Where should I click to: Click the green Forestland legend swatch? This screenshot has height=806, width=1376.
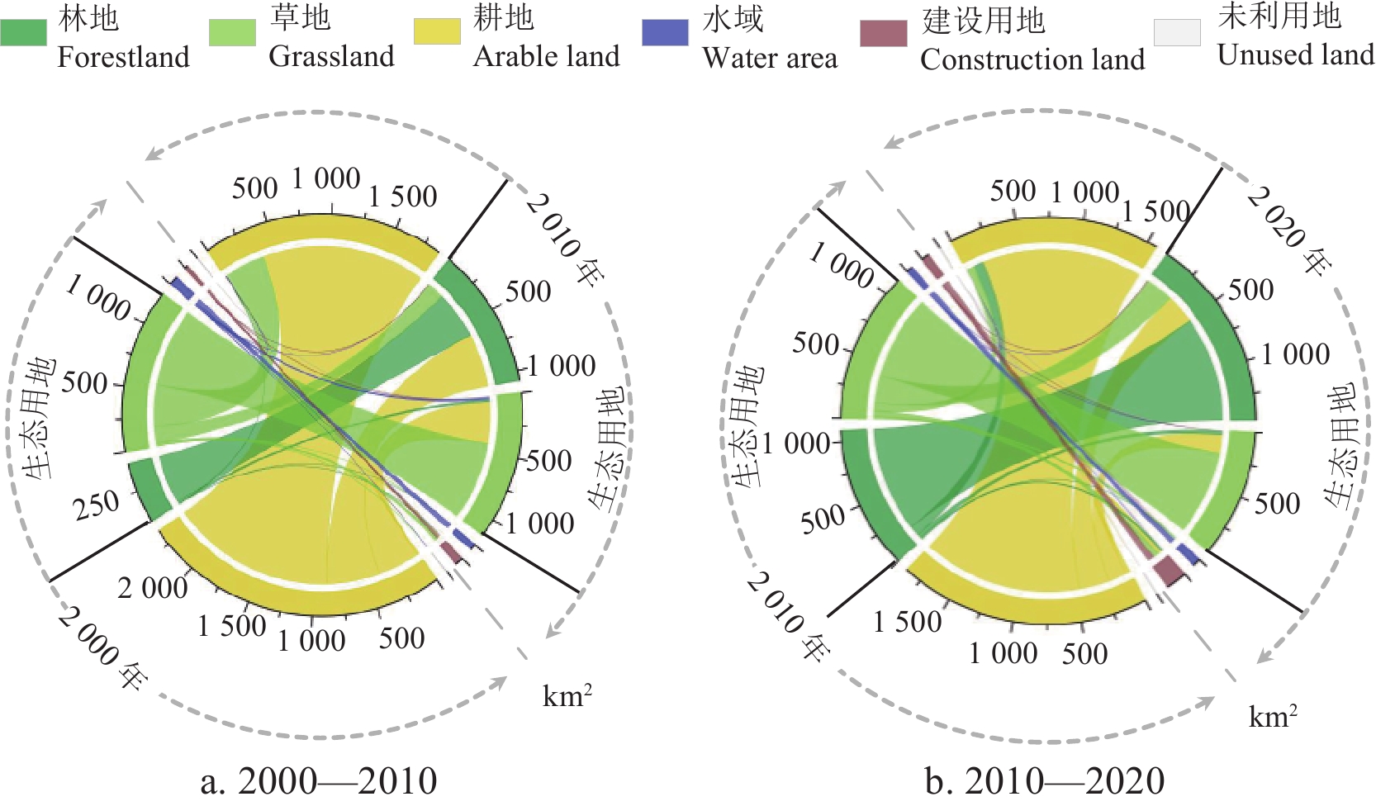(x=24, y=33)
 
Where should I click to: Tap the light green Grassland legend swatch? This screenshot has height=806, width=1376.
(x=232, y=33)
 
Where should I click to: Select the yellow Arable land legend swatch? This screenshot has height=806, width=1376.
(x=437, y=31)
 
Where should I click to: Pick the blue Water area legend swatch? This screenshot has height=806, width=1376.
(x=665, y=33)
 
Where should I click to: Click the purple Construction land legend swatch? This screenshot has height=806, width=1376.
(x=883, y=34)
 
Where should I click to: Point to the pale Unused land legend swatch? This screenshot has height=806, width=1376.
(x=1177, y=33)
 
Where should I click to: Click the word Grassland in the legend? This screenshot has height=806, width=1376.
(x=331, y=56)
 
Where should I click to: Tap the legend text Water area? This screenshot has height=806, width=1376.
(x=770, y=58)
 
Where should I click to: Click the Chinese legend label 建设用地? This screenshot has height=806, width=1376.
(x=984, y=20)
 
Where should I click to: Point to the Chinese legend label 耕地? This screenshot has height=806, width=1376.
(x=504, y=17)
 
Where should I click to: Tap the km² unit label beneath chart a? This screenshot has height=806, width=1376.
(x=567, y=696)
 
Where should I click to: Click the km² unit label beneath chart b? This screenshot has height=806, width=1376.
(x=1273, y=716)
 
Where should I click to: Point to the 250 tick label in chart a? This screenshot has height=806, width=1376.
(x=97, y=505)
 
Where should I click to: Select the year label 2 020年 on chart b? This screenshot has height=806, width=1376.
(x=1289, y=230)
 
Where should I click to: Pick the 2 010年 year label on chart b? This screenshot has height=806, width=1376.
(x=788, y=616)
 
